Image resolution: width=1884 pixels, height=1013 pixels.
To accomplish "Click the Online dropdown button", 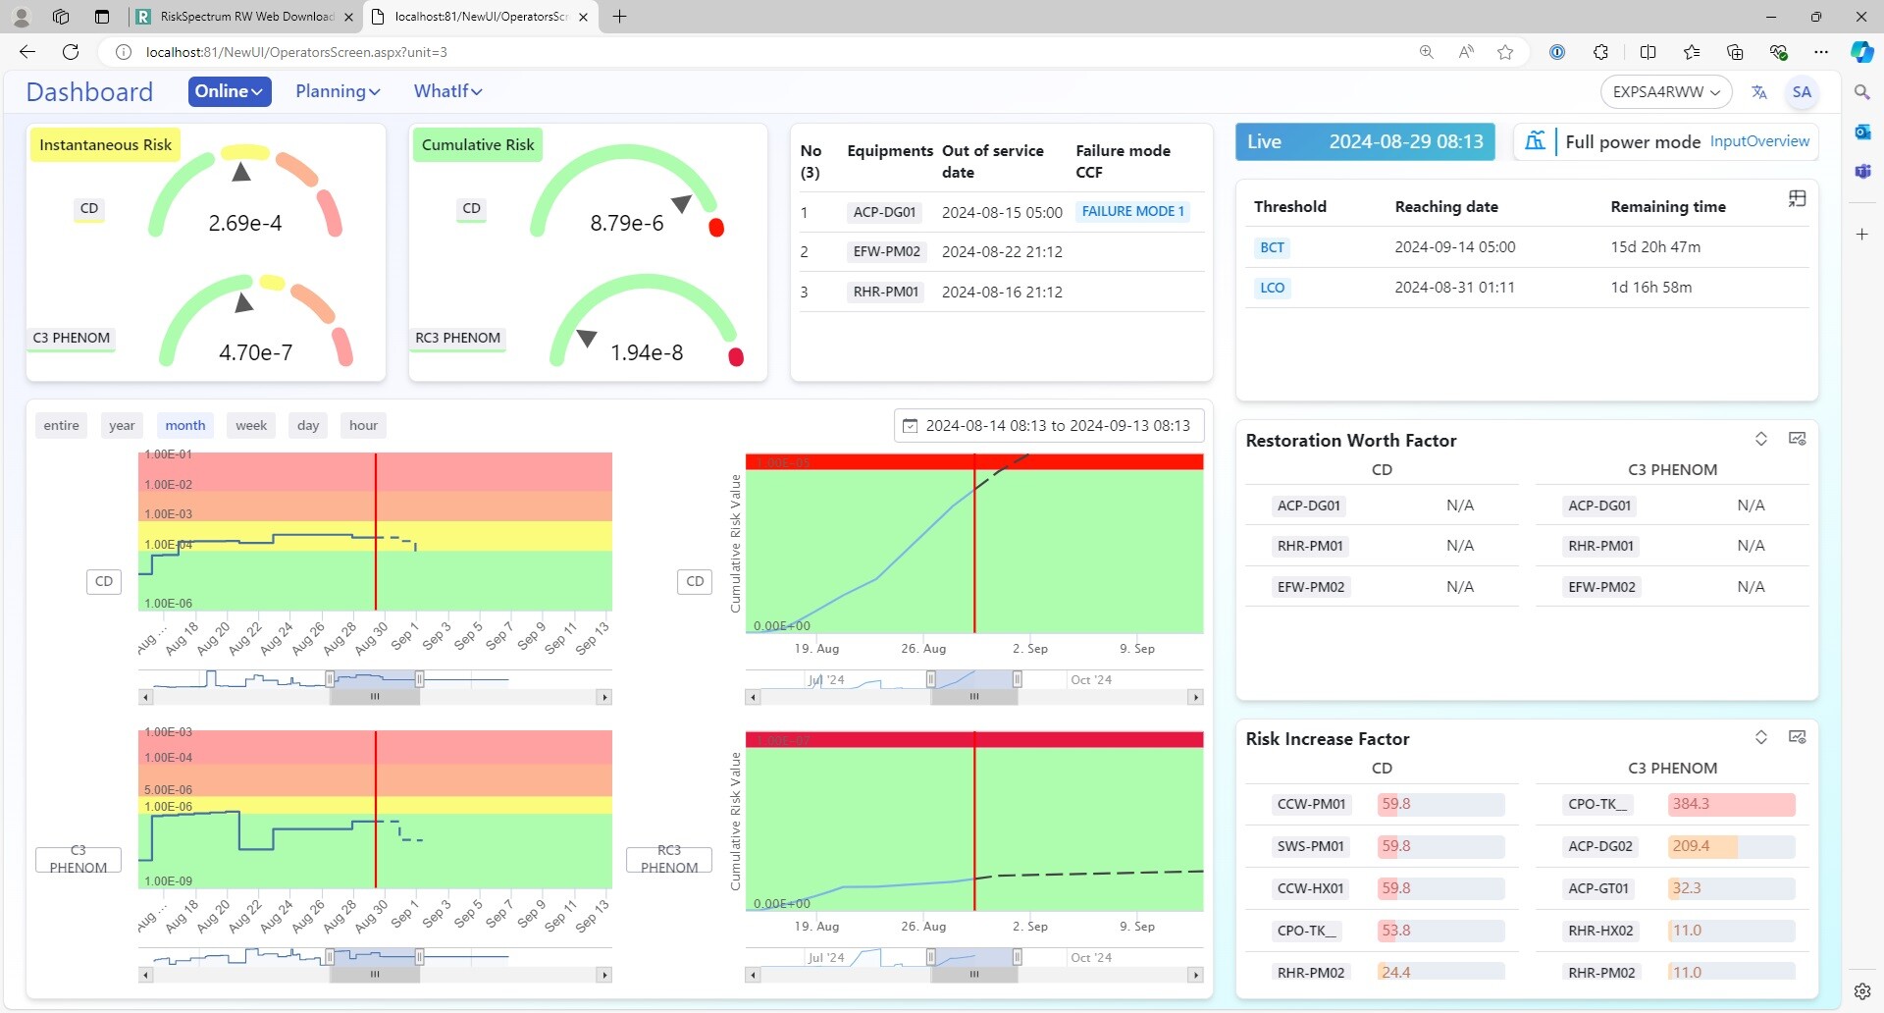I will coord(229,91).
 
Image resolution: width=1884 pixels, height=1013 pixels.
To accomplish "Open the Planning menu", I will coord(338,91).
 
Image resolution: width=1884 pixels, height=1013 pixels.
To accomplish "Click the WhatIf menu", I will coord(447,91).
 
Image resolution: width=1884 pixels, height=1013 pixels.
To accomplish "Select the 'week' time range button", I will coord(251,425).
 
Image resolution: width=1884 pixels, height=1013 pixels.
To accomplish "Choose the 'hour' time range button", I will coord(363,425).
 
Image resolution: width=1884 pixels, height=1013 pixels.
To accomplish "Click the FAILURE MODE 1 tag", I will coord(1132,211).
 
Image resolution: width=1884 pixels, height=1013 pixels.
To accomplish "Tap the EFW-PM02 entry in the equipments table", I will coord(886,251).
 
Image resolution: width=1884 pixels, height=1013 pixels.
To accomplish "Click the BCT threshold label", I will coord(1272,247).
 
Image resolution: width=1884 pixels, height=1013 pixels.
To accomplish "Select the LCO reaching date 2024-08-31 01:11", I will coord(1454,288).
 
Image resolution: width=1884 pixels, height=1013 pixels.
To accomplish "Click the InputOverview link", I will coord(1759,141).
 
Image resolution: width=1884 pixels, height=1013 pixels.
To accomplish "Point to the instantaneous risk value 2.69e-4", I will coord(244,223).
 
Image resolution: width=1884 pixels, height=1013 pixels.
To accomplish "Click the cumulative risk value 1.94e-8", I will coord(646,352).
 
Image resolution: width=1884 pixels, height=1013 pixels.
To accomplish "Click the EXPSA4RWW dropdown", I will coord(1665,91).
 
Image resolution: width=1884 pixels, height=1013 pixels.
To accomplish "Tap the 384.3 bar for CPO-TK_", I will coord(1731,804).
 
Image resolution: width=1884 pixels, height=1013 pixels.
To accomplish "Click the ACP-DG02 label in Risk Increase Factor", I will coord(1599,846).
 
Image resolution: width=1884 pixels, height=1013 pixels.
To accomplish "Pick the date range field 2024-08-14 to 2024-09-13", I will coord(1049,425).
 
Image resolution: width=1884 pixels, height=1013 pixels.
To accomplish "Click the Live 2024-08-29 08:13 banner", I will coord(1364,141).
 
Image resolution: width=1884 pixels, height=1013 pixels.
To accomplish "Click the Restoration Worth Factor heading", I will coord(1350,441).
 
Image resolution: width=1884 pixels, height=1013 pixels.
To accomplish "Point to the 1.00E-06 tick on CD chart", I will coord(169,604).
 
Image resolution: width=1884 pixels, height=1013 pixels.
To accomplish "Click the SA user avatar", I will coord(1802,91).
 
